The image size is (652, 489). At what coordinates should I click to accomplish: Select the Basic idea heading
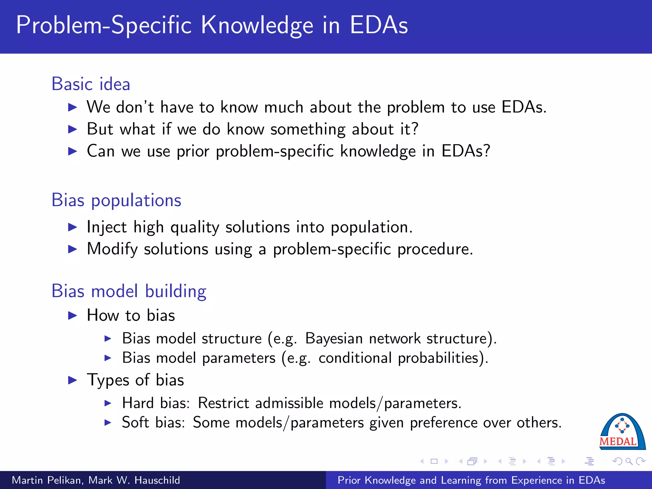click(x=91, y=84)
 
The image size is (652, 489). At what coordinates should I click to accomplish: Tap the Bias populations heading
click(x=117, y=201)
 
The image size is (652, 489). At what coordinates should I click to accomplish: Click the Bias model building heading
click(x=129, y=291)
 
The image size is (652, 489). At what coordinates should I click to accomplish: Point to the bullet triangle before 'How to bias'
click(x=73, y=316)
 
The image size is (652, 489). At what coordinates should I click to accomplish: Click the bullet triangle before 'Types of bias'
click(x=73, y=380)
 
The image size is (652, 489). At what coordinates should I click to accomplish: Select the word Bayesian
click(x=334, y=339)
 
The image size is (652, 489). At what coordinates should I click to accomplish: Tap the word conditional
click(x=355, y=358)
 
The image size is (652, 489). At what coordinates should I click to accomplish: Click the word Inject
click(x=107, y=228)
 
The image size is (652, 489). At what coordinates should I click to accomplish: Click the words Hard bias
click(x=156, y=403)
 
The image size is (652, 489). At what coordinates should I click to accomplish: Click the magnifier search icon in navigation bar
click(x=629, y=461)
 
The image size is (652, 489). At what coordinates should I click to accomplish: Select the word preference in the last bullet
click(x=443, y=423)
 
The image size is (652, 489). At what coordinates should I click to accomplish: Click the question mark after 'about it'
click(x=415, y=129)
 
